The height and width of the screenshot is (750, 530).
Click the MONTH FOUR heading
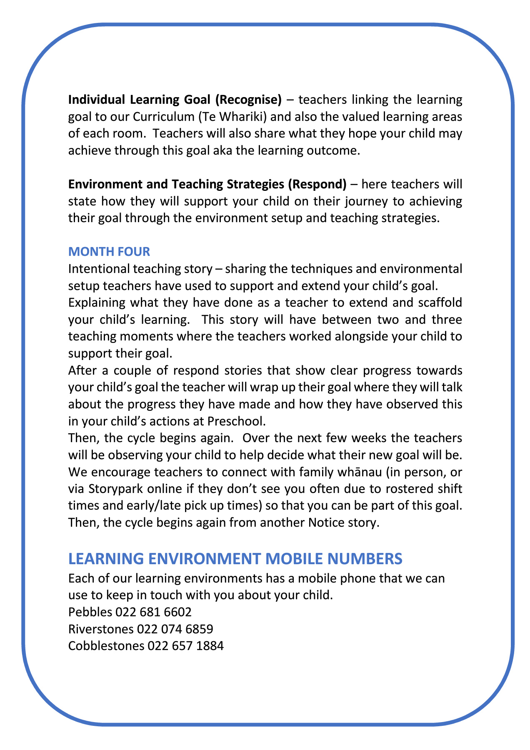[x=109, y=252]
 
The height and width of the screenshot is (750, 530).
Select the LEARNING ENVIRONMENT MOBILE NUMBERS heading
[x=235, y=558]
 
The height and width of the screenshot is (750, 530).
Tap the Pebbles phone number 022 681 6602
[x=153, y=612]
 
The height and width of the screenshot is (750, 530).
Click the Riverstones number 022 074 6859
[x=175, y=629]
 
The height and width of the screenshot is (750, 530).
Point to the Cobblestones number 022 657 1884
[x=185, y=646]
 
